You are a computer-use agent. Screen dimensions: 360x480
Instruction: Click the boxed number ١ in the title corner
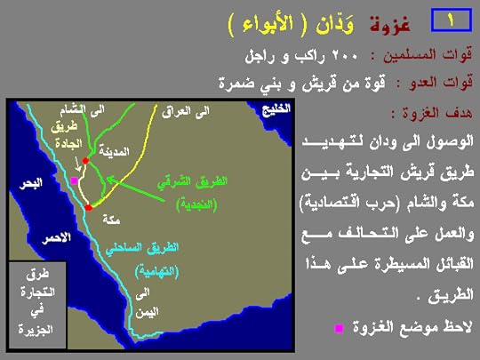click(450, 19)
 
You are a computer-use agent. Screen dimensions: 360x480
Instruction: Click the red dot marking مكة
click(89, 207)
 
